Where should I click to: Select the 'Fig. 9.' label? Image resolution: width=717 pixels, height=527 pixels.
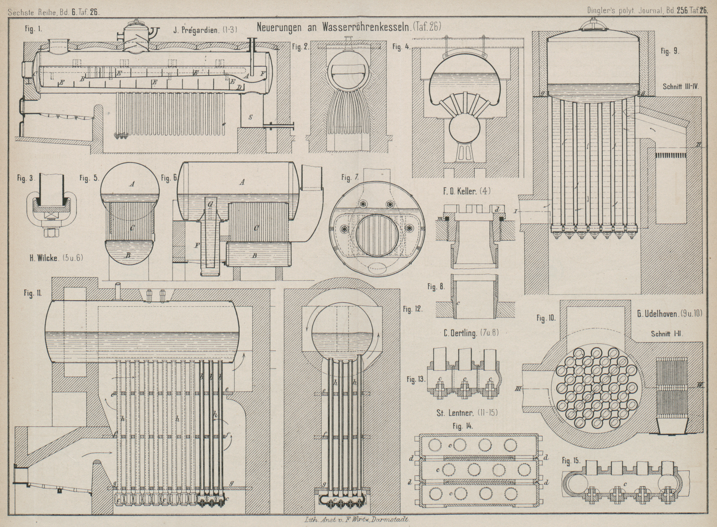click(670, 51)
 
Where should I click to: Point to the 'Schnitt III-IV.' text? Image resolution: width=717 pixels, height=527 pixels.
click(681, 87)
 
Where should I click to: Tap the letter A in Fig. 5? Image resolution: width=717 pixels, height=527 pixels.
click(131, 184)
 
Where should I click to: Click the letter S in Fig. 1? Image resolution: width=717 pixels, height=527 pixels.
click(251, 117)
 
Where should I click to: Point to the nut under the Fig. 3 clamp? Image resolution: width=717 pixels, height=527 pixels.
click(47, 230)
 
